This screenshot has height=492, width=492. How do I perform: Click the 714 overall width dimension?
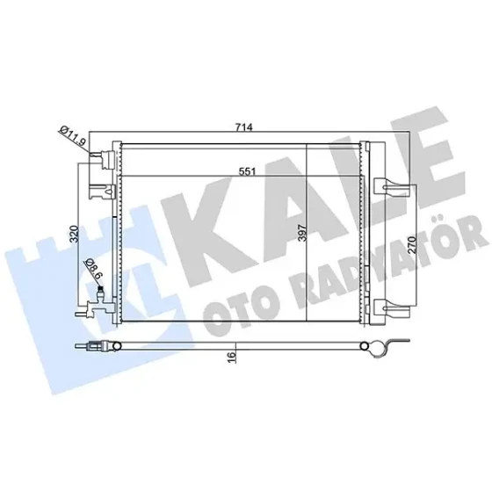(244, 127)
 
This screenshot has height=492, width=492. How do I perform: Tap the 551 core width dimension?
(247, 171)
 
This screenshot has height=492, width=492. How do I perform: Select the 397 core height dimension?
(302, 233)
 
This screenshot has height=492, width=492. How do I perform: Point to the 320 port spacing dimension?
(74, 234)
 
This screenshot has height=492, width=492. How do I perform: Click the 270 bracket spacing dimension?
(412, 245)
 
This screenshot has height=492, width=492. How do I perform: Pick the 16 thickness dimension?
(231, 358)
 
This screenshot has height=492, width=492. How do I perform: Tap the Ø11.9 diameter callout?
(72, 135)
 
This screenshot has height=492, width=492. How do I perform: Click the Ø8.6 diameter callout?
(93, 269)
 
